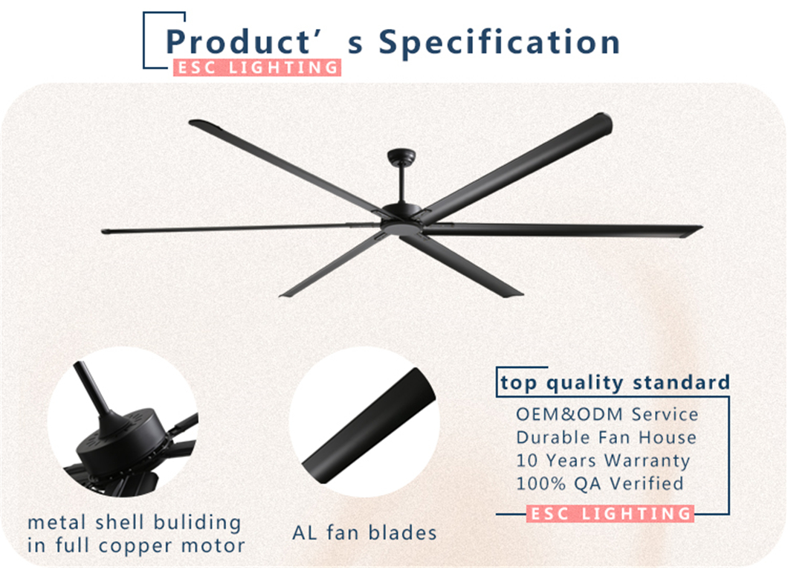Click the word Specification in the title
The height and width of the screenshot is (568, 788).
tap(499, 42)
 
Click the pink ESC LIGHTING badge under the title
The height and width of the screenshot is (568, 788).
tap(257, 68)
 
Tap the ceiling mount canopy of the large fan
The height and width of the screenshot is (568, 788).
tap(401, 156)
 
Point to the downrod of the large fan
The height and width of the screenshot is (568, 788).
tap(402, 184)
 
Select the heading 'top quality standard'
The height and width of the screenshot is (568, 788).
tap(615, 383)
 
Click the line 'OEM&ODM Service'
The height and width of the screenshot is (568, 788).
tap(607, 415)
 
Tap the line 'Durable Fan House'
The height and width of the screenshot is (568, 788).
tap(606, 437)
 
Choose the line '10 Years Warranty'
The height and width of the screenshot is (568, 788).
tap(603, 460)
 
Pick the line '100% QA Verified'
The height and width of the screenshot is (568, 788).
tap(600, 483)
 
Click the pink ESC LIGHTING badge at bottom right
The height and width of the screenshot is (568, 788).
tap(610, 514)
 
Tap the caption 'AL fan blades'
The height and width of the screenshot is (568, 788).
tap(364, 533)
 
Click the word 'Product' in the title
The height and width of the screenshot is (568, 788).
tap(239, 42)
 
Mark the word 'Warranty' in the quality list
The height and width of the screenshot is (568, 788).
tap(647, 461)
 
